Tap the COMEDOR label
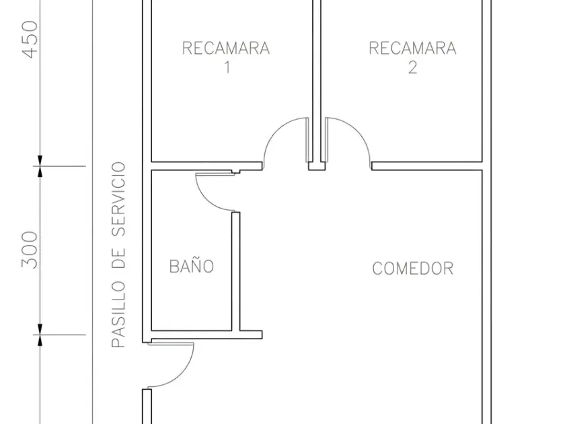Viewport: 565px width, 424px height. pyautogui.click(x=412, y=269)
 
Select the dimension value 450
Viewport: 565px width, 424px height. pyautogui.click(x=30, y=39)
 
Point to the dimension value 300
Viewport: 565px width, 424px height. pyautogui.click(x=30, y=250)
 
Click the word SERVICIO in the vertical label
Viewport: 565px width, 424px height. pyautogui.click(x=118, y=199)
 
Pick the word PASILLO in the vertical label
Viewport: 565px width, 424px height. pyautogui.click(x=118, y=314)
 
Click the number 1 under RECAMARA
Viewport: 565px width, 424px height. pyautogui.click(x=227, y=67)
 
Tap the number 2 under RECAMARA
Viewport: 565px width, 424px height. pyautogui.click(x=412, y=67)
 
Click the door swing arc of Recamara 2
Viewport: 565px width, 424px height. pyautogui.click(x=356, y=129)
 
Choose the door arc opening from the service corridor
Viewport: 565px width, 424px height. pyautogui.click(x=182, y=375)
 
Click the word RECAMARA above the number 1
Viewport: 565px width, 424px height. pyautogui.click(x=226, y=48)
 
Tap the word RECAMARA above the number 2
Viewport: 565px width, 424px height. pyautogui.click(x=412, y=48)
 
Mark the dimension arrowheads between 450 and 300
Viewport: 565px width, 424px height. pyautogui.click(x=40, y=166)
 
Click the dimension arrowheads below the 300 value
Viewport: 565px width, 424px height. pyautogui.click(x=40, y=335)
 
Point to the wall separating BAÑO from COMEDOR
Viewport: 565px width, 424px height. pyautogui.click(x=235, y=271)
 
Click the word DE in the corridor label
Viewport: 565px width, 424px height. pyautogui.click(x=118, y=259)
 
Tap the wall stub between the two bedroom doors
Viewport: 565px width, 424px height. pyautogui.click(x=317, y=166)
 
